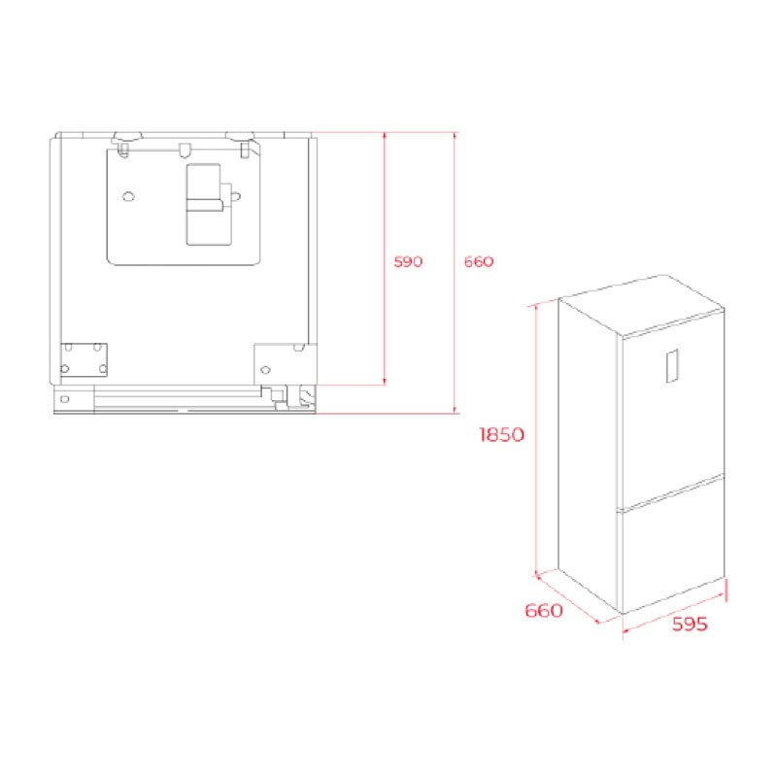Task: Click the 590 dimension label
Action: [x=408, y=262]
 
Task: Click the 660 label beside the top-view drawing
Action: [x=478, y=262]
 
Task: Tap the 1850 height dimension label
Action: [x=501, y=435]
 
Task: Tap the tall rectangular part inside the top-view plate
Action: [x=208, y=204]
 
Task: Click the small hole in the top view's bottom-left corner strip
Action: [x=64, y=398]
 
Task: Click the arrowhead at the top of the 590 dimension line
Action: [x=386, y=137]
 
